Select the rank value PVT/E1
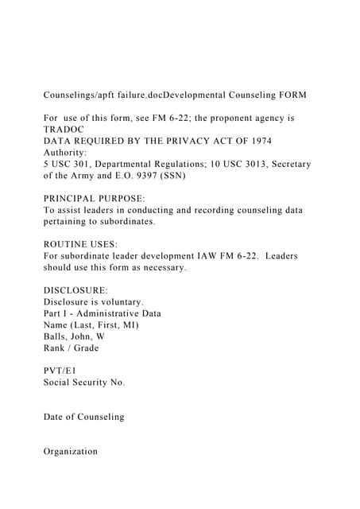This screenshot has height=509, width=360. tap(61, 371)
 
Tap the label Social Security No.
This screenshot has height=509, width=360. tap(84, 383)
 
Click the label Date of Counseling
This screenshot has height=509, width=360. tap(83, 417)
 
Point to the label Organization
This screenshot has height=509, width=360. tap(71, 451)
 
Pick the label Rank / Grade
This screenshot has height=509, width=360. tap(72, 348)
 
